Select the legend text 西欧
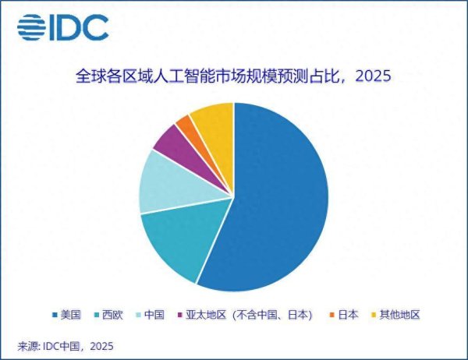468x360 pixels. [x=113, y=315]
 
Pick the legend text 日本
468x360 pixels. [x=348, y=315]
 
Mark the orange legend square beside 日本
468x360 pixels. [x=331, y=315]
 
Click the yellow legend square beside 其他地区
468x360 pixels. [x=376, y=315]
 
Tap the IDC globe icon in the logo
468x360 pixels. [x=32, y=27]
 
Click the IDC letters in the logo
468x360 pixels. [x=81, y=27]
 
